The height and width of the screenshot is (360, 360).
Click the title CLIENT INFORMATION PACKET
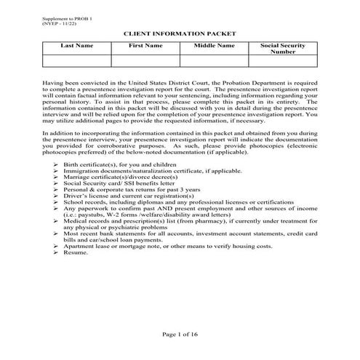point(180,33)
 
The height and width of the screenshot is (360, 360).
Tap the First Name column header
point(145,46)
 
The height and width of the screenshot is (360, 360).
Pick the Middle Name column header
point(214,46)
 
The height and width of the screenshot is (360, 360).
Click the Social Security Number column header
point(283,49)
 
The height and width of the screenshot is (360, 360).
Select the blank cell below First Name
point(145,61)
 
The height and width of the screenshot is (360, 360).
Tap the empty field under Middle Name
point(214,61)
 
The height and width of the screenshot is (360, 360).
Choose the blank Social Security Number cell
point(283,61)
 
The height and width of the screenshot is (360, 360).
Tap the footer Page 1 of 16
point(180,334)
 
